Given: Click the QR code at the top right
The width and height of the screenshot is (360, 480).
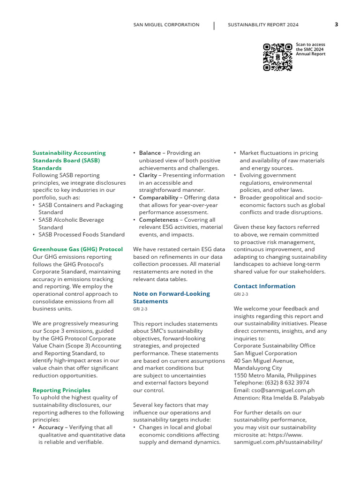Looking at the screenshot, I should [277, 57].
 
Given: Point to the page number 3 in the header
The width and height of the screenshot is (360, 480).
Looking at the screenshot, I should [336, 25].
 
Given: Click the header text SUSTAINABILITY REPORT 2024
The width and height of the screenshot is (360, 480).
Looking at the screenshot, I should [263, 25].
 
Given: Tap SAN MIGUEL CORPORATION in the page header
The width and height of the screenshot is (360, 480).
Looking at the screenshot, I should [166, 25].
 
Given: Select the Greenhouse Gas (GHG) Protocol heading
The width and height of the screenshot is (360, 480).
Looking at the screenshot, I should [77, 249].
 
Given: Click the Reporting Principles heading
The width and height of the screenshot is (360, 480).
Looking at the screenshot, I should [61, 390].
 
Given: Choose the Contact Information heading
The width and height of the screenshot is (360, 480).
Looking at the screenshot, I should [264, 286].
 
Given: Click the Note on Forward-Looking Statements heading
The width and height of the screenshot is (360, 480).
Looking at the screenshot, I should [171, 297].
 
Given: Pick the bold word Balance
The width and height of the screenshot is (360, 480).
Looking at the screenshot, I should [150, 153].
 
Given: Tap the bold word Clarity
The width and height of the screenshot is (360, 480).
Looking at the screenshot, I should [148, 175].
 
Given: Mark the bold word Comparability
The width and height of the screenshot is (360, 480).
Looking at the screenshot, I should [158, 197].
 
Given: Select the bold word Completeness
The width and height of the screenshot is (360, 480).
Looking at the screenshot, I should [158, 219].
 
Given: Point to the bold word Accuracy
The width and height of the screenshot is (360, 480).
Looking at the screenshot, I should [51, 427].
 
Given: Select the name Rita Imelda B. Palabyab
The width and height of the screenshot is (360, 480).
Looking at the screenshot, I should [293, 397].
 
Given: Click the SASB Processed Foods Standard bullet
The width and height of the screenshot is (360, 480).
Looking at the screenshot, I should [81, 234].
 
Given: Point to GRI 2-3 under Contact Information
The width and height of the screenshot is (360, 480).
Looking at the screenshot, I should [241, 294].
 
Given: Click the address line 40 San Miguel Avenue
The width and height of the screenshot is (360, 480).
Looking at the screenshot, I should [264, 360].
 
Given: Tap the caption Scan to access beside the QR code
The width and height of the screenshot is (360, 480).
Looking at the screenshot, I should [310, 45].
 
